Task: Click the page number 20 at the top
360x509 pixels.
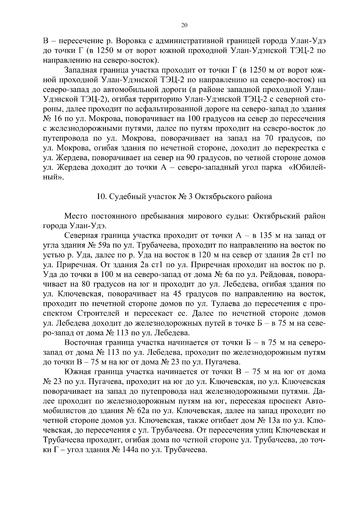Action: pyautogui.click(x=184, y=25)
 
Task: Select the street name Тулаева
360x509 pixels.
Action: pyautogui.click(x=220, y=304)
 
